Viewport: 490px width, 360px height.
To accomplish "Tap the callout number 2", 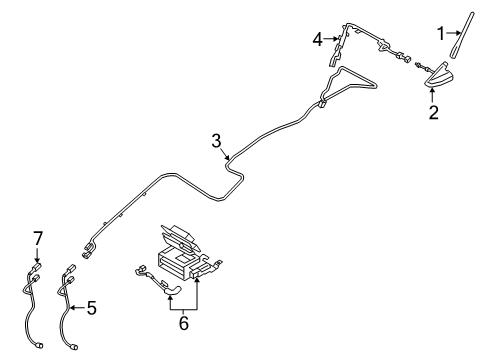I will (x=433, y=113).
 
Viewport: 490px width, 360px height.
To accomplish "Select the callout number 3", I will (x=216, y=142).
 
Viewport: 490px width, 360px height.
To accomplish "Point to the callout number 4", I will (x=317, y=39).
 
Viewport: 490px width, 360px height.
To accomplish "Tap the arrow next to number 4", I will (x=331, y=39).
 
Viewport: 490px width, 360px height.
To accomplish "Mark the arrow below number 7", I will (x=37, y=256).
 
